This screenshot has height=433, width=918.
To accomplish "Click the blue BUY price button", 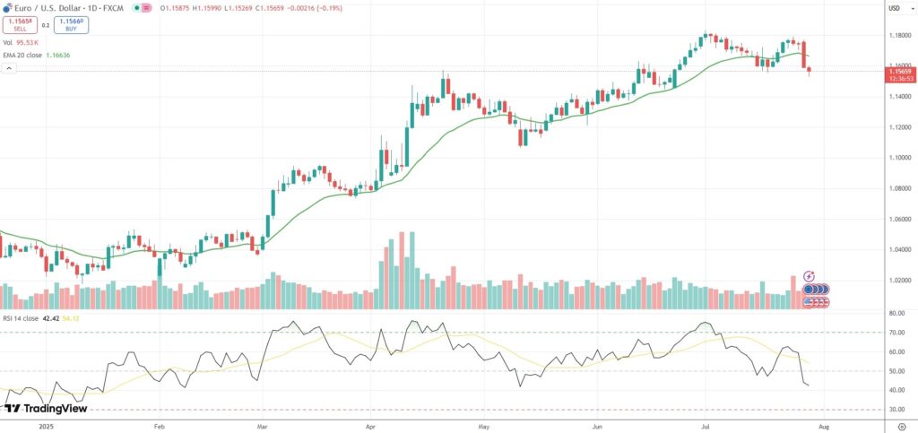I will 70,25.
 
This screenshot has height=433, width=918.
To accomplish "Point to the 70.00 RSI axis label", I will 896,333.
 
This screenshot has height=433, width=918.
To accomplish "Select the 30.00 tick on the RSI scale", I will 896,409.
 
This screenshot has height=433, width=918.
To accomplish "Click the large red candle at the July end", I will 804,54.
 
